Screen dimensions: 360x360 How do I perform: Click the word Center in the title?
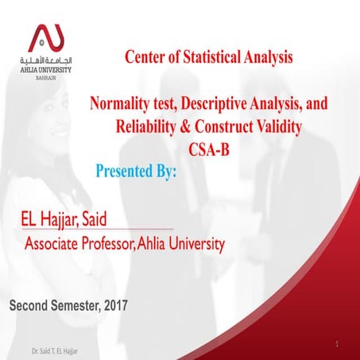[146, 56]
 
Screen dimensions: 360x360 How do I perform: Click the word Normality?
[120, 104]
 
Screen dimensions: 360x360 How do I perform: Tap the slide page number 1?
[339, 343]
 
